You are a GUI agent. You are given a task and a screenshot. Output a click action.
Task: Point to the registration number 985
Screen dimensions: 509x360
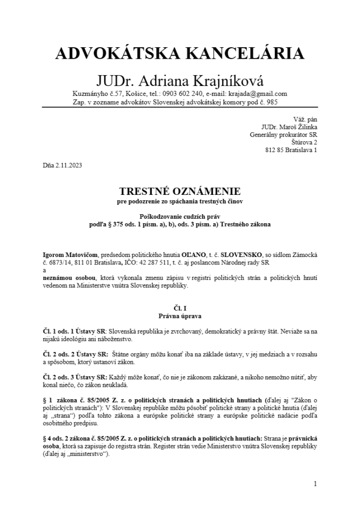pos(271,102)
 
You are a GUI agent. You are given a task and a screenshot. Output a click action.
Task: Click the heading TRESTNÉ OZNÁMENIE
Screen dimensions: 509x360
pos(180,191)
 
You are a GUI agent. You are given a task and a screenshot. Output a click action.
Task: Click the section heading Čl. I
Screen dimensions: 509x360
pos(180,308)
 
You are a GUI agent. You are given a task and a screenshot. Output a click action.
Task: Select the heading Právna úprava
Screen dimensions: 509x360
pos(180,316)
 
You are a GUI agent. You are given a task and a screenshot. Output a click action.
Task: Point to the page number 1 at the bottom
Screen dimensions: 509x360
pos(315,484)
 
